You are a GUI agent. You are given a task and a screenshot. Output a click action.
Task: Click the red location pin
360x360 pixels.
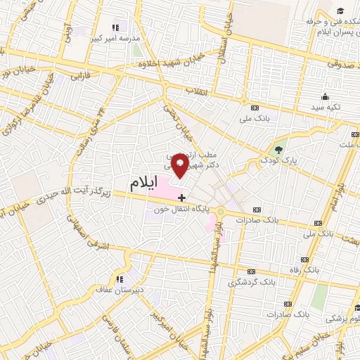(x=180, y=165)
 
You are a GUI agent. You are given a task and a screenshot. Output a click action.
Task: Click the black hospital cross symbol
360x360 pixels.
(x=182, y=198)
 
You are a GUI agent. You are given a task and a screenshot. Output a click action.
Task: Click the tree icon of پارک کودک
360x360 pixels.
(x=279, y=150)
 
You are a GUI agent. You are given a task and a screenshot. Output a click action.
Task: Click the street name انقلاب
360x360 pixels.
(x=193, y=91)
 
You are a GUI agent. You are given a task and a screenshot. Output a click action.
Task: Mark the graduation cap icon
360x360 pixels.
(x=340, y=11)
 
